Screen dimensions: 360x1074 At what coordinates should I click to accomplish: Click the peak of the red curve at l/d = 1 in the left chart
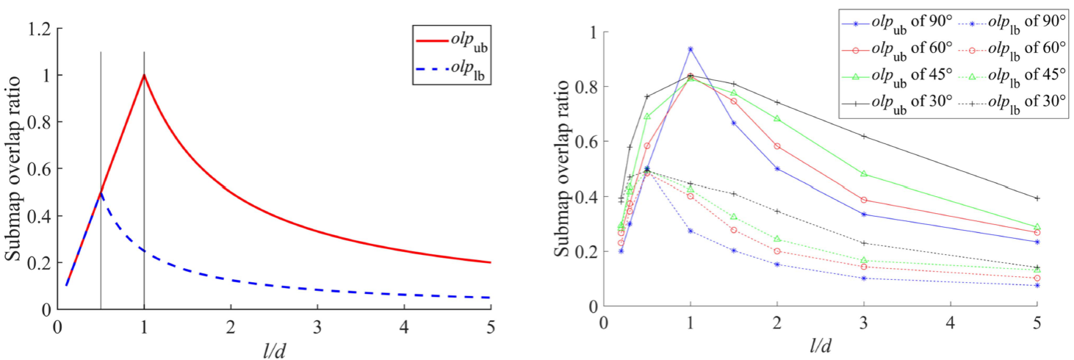[144, 74]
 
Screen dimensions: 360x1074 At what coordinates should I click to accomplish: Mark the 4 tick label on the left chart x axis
[403, 324]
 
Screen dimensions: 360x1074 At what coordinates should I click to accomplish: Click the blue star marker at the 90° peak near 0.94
[690, 49]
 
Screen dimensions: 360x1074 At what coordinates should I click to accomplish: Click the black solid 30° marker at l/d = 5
[1037, 198]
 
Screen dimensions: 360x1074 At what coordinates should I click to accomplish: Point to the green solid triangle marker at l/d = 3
[864, 174]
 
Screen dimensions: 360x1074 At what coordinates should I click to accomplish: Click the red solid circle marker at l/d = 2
[776, 146]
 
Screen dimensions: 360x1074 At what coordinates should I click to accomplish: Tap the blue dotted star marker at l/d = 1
[690, 231]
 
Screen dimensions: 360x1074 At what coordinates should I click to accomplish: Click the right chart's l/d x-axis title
[820, 345]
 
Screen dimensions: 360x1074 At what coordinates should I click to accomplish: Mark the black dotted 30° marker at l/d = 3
[864, 243]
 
